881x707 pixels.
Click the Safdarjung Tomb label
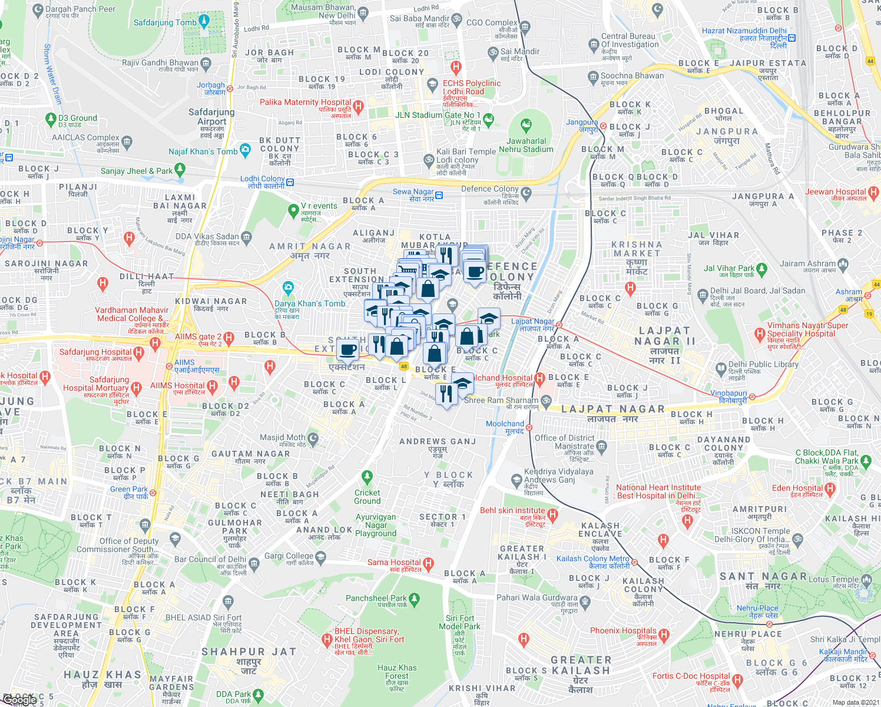coord(165,23)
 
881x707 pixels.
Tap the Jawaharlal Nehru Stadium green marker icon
coord(526,125)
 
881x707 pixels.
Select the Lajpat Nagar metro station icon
coord(559,325)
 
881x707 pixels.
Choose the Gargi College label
coord(289,556)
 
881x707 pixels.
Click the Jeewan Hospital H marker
coord(873,191)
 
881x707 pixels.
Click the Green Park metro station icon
coord(153,491)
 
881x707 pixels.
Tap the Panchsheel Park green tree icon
coord(414,599)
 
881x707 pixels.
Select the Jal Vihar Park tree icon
coord(762,269)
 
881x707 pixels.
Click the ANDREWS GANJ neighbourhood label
coord(438,441)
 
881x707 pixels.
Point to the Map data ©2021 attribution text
coord(855,702)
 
